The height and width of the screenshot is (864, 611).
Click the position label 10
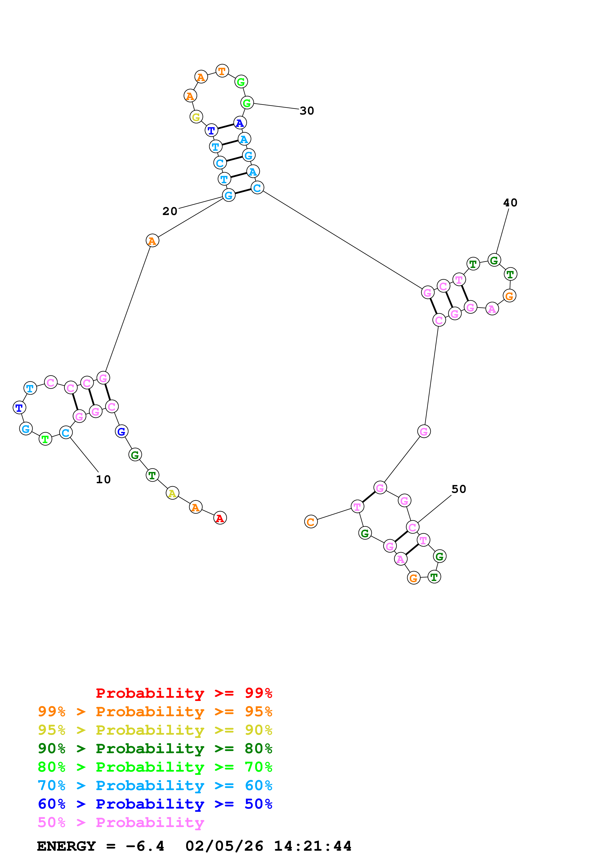click(103, 480)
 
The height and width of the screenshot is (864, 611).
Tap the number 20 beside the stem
click(170, 211)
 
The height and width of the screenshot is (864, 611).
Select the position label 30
click(307, 111)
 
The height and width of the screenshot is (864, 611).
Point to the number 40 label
click(510, 203)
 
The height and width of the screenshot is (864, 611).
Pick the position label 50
click(458, 489)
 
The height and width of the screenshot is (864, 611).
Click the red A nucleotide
click(220, 518)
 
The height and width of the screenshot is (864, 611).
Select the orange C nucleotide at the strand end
click(311, 522)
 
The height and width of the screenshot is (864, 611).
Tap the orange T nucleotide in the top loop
click(222, 71)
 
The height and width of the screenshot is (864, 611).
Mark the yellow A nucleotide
click(173, 493)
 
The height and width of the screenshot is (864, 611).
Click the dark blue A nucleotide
click(240, 123)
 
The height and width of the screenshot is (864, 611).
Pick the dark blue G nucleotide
click(121, 431)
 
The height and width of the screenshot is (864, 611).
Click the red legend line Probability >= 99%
click(184, 693)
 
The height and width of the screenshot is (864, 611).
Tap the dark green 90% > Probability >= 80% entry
click(155, 749)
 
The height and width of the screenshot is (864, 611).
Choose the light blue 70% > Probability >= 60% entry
click(155, 786)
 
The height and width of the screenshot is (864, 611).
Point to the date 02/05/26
click(224, 846)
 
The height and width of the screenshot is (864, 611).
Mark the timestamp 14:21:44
click(313, 846)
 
